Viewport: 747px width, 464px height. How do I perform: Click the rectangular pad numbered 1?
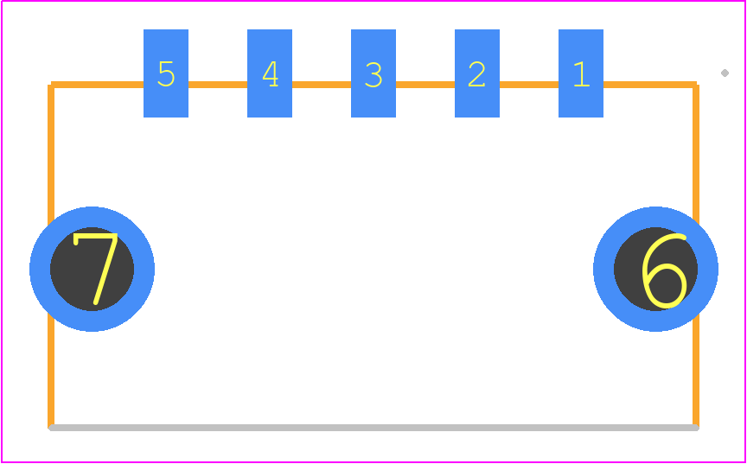tap(581, 73)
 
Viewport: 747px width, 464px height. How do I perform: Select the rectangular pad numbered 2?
tap(477, 73)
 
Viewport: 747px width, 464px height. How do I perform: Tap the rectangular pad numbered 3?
tap(373, 73)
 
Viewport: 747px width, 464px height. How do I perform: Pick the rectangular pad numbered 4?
tap(270, 73)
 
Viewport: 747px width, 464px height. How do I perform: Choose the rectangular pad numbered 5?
tap(166, 73)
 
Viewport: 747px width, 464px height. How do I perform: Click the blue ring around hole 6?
tap(655, 217)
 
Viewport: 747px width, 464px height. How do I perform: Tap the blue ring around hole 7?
tap(92, 217)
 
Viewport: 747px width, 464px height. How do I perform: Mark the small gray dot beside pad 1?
tap(725, 73)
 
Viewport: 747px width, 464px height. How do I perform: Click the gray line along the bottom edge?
tap(373, 428)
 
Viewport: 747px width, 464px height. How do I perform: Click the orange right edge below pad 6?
tap(696, 370)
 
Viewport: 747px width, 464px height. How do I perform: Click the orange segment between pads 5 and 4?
tap(218, 85)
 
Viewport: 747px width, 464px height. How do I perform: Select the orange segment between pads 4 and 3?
tap(322, 85)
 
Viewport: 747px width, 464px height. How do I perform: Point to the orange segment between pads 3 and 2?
tap(425, 85)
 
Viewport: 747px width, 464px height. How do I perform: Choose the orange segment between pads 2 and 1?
tap(529, 85)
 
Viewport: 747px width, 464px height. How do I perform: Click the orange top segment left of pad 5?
tap(97, 85)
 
